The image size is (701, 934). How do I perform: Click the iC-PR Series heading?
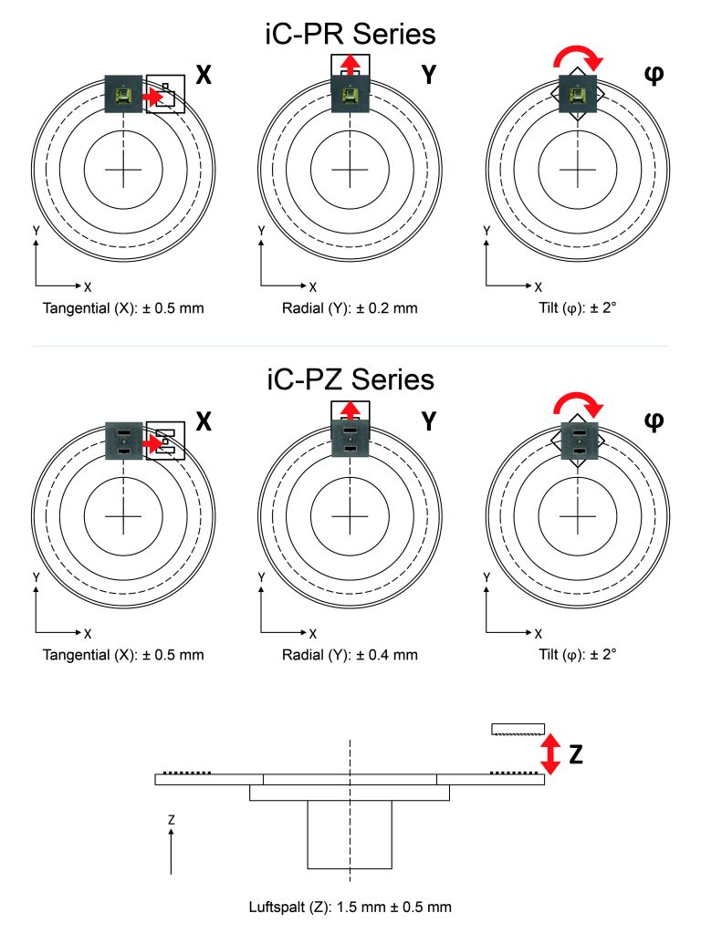(x=350, y=34)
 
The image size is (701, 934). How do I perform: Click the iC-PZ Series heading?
(x=350, y=379)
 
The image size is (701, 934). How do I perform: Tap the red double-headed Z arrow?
(x=550, y=753)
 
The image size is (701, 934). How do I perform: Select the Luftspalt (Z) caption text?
(x=350, y=907)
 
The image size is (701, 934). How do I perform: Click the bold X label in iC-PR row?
(x=204, y=75)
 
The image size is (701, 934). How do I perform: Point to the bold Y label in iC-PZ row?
(x=429, y=421)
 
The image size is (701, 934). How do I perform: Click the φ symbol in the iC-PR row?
(x=654, y=75)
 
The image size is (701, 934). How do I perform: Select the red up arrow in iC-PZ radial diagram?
(x=350, y=411)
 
